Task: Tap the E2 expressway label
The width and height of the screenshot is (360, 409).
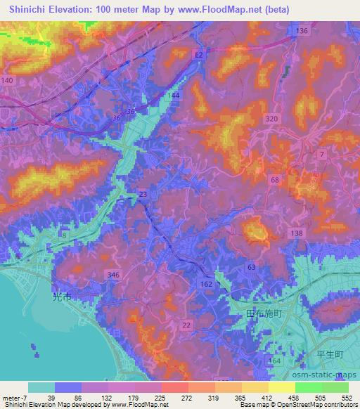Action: pyautogui.click(x=200, y=53)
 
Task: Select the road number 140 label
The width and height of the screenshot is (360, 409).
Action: pyautogui.click(x=8, y=82)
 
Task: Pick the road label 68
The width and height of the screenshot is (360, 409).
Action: pyautogui.click(x=275, y=180)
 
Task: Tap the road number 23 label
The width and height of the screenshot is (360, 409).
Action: pyautogui.click(x=143, y=194)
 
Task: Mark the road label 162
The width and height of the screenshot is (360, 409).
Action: pyautogui.click(x=206, y=283)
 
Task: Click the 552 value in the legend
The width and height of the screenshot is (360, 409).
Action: pyautogui.click(x=345, y=397)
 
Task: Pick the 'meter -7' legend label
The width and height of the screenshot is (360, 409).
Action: pyautogui.click(x=14, y=397)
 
